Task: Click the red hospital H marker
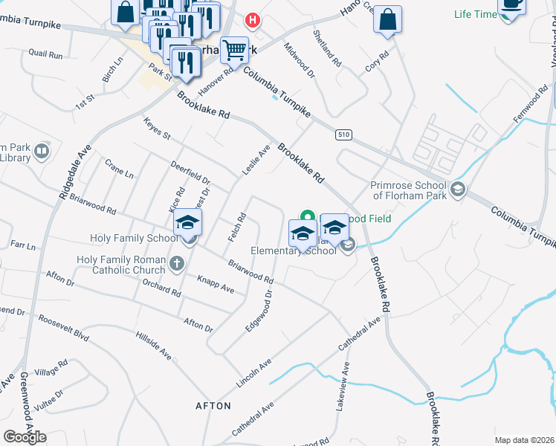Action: pos(253,20)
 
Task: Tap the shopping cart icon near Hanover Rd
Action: pos(235,51)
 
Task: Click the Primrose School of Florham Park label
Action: pos(409,191)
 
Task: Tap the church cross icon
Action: pos(177,262)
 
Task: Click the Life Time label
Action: pos(476,14)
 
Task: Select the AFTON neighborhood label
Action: pos(213,406)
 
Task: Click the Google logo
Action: pos(25,437)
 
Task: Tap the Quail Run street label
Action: pos(46,54)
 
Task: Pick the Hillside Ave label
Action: pos(154,345)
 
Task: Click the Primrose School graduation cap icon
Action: pos(457,189)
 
